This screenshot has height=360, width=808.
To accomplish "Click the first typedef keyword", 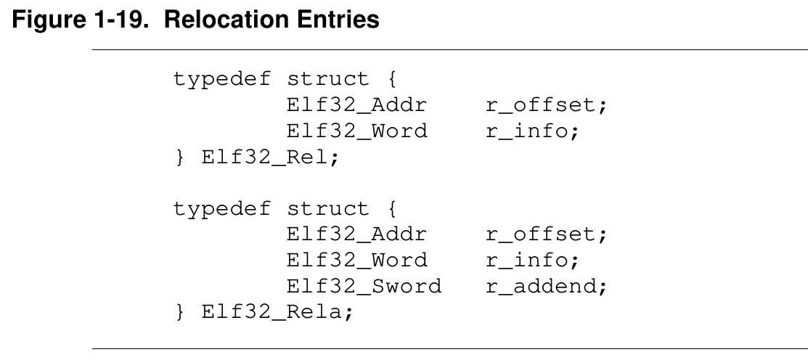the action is (221, 80).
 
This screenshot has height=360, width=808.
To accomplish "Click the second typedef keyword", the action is (221, 209).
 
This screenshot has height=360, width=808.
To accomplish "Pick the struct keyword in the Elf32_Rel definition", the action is (327, 79).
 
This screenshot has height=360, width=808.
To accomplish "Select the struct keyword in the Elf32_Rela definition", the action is (327, 208).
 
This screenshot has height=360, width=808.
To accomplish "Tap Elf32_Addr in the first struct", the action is (356, 105).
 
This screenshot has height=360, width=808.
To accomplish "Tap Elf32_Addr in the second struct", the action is (356, 235).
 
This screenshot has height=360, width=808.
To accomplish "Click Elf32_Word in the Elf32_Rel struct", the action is (356, 131).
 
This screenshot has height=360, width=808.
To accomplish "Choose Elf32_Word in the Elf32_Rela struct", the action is (356, 261).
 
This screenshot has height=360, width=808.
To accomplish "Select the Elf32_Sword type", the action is (364, 287).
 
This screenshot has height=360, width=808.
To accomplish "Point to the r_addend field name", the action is (542, 287).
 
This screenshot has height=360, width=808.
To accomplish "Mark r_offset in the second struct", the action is (542, 235).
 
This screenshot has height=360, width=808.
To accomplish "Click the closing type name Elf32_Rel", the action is (264, 157).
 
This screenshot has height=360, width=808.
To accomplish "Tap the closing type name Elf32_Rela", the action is (272, 312).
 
